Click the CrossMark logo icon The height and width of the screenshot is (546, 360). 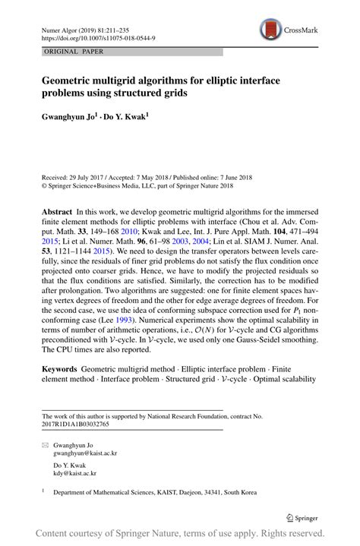pos(270,30)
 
